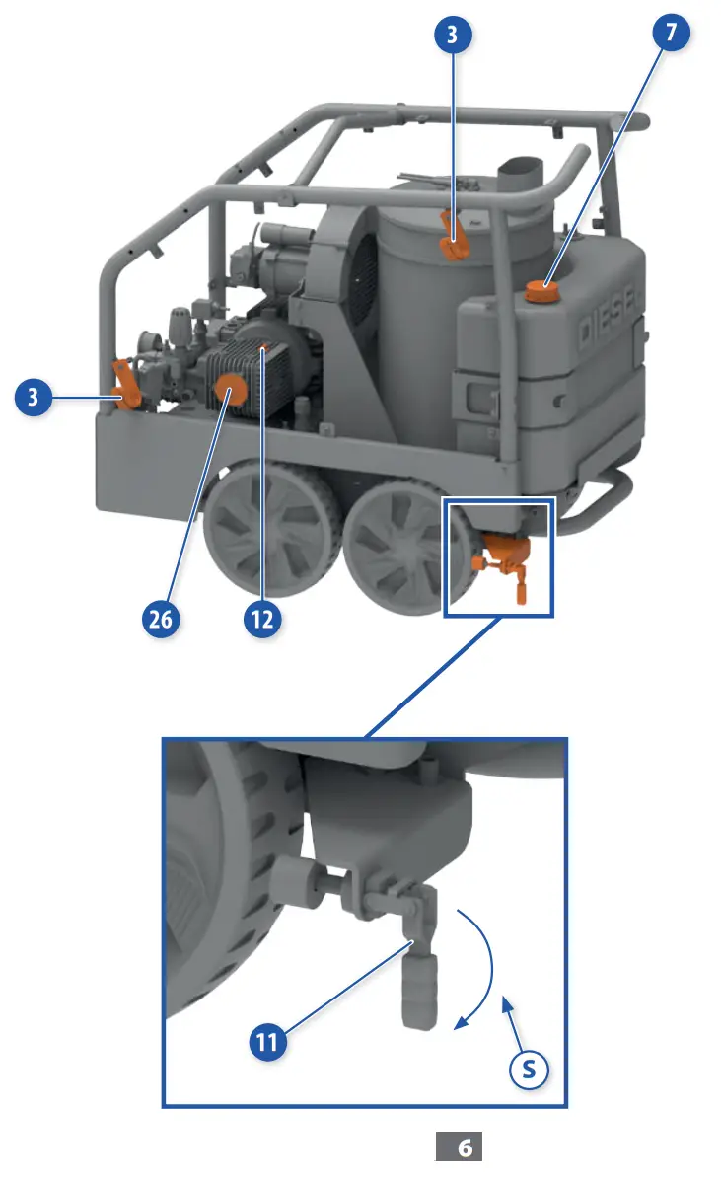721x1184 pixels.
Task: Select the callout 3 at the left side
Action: point(35,399)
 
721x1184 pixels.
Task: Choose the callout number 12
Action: point(262,619)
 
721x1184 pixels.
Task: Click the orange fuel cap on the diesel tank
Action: point(540,291)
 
